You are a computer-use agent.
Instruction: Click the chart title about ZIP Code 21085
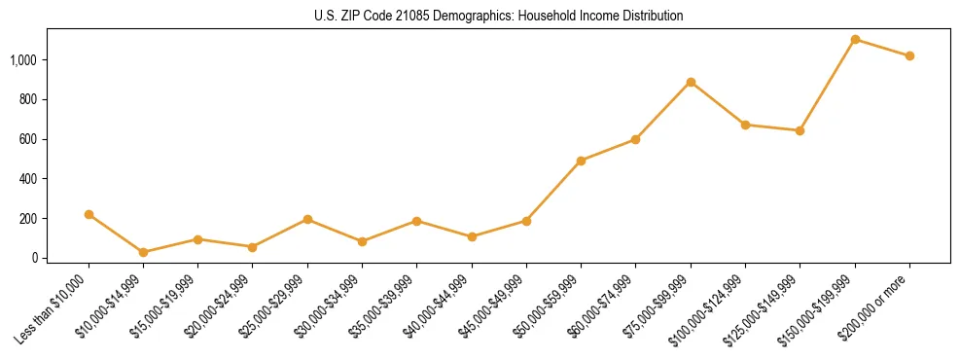499,16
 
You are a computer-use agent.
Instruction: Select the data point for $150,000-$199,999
855,40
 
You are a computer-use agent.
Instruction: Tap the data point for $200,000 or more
909,55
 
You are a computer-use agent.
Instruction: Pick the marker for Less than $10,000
89,214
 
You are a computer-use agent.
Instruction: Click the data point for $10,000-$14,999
144,252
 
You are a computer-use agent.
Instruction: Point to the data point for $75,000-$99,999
691,82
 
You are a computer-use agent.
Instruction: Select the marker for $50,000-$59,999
581,161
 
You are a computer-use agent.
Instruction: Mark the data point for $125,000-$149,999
800,130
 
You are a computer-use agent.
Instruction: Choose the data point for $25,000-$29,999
307,219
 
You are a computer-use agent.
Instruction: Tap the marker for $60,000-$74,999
636,139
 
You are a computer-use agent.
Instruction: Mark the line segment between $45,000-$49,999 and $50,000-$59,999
553,191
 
